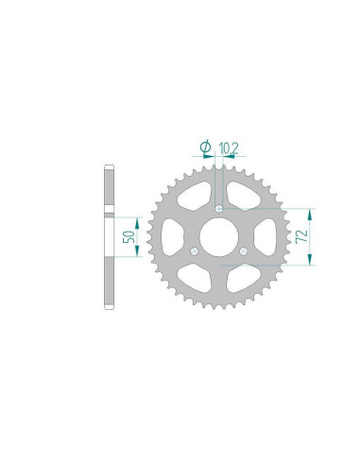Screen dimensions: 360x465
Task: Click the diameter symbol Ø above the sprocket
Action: [205, 146]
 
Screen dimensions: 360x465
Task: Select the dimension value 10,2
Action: [229, 148]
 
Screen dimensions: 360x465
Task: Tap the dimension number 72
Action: [301, 236]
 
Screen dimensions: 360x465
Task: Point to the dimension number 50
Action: [129, 237]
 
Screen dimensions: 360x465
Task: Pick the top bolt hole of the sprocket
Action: [219, 209]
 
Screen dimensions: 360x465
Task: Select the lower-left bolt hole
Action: [195, 251]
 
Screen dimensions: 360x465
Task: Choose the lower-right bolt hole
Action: [244, 251]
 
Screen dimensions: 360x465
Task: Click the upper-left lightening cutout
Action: [195, 196]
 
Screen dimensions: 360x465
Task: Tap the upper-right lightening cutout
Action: [243, 196]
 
